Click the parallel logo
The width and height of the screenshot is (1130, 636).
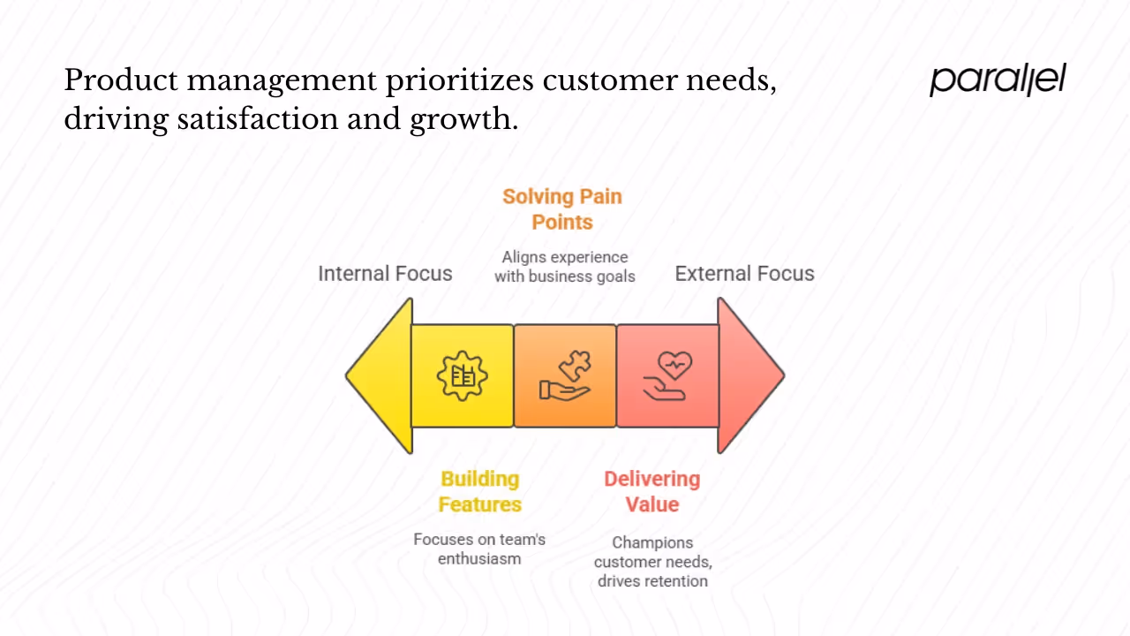998,79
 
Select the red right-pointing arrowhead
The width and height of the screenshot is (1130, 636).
749,375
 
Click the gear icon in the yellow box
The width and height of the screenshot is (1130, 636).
462,376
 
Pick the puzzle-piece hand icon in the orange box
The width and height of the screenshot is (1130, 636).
565,376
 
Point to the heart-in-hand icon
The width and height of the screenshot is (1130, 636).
667,376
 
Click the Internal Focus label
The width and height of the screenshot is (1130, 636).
385,274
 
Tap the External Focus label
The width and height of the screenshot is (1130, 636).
744,274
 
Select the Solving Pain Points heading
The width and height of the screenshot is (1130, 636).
562,209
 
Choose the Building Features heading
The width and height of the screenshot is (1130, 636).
480,492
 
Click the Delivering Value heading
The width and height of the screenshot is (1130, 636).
652,492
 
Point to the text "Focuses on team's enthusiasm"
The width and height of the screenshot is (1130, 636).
479,549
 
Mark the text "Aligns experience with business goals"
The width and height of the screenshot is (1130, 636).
565,267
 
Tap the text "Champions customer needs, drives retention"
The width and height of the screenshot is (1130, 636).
652,562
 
